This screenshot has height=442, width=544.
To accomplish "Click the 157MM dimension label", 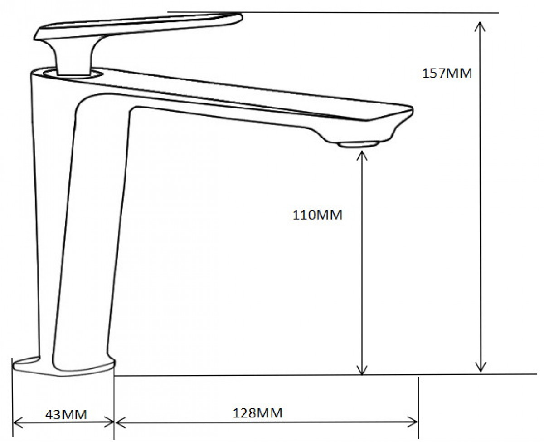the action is pyautogui.click(x=447, y=74).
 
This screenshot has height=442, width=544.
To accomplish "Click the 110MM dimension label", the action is pyautogui.click(x=317, y=215).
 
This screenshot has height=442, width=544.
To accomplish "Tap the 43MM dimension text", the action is pyautogui.click(x=66, y=415).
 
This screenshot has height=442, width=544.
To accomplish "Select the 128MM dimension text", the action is pyautogui.click(x=257, y=413).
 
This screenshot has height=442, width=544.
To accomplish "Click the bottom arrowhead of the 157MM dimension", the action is pyautogui.click(x=481, y=367).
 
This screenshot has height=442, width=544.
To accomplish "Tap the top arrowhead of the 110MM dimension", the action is pyautogui.click(x=362, y=156).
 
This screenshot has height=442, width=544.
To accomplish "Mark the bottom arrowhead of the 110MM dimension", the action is pyautogui.click(x=362, y=370).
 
